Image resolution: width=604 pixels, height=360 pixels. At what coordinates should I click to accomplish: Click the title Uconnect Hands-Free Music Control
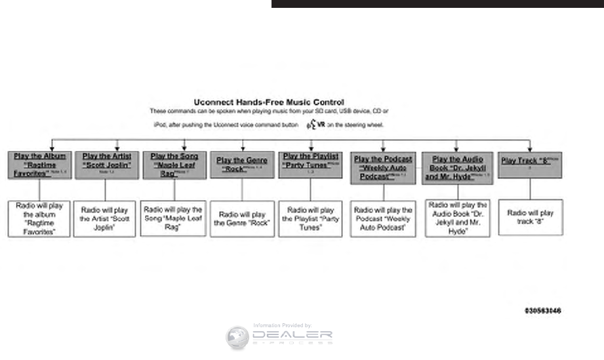tap(268, 102)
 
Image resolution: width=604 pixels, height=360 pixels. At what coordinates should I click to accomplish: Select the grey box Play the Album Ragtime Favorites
tap(39, 165)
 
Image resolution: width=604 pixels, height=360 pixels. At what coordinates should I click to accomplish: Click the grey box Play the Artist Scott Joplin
tap(107, 165)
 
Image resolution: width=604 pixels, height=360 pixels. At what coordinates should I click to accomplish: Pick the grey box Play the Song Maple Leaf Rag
tap(174, 165)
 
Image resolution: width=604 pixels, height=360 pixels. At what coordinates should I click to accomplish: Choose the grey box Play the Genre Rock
tap(242, 165)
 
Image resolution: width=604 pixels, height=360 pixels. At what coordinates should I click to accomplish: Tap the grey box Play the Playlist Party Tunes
tap(310, 165)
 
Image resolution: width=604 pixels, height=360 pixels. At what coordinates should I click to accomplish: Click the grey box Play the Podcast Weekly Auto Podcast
tap(383, 168)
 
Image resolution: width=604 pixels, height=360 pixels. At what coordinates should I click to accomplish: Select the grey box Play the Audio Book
tap(456, 168)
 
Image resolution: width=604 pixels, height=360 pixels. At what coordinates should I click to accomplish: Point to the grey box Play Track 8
tap(530, 165)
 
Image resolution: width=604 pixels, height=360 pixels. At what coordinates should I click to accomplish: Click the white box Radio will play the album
tap(39, 218)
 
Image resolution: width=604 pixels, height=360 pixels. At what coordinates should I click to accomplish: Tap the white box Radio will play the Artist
tap(105, 218)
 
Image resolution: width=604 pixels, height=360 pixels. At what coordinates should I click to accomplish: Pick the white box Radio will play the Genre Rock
tap(242, 218)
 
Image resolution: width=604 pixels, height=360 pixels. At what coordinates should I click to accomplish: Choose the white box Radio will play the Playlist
tap(310, 218)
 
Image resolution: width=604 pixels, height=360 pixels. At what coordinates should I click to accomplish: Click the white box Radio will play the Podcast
tap(383, 219)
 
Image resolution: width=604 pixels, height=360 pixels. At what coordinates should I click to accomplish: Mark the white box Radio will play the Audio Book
tap(456, 218)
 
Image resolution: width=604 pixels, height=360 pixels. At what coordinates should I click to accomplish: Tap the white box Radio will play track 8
tap(530, 217)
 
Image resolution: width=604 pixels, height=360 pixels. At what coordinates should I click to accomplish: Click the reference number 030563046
tap(542, 310)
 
